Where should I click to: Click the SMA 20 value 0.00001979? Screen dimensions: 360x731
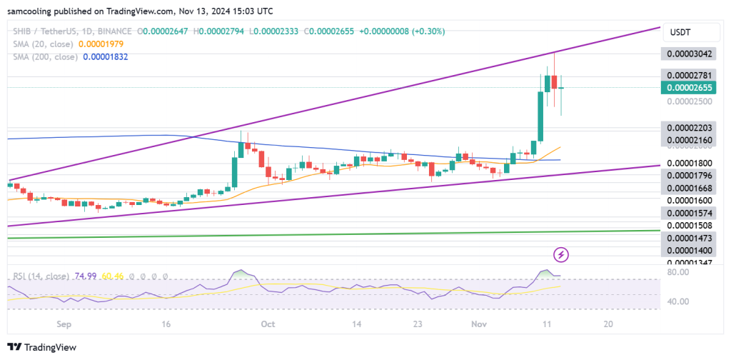tap(101, 44)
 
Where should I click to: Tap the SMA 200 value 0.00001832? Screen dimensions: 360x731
tap(104, 56)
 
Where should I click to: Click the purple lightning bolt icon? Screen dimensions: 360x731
tap(562, 254)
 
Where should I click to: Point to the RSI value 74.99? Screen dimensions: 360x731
tap(84, 276)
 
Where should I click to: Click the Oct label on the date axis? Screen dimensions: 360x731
tap(268, 324)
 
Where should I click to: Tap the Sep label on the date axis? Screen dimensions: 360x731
tap(65, 324)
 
